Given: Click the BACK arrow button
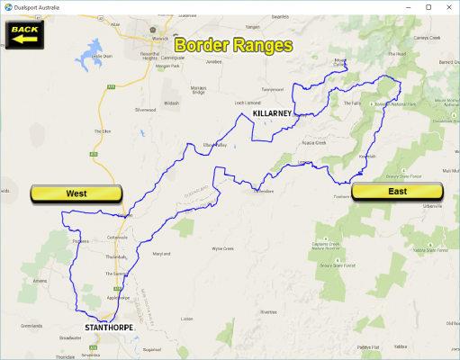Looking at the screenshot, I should point(25,32).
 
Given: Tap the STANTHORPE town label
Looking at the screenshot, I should point(109,326).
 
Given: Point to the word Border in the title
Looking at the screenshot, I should point(202,44).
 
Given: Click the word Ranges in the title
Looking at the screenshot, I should point(261,44).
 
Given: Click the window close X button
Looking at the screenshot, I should point(447,6).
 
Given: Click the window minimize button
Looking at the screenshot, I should point(406,6).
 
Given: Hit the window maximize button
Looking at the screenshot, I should point(427,6).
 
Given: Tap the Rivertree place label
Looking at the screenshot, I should point(268,311).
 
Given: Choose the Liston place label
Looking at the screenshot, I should point(187,318).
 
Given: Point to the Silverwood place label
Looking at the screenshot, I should point(145,110).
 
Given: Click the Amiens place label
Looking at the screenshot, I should point(40,280).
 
